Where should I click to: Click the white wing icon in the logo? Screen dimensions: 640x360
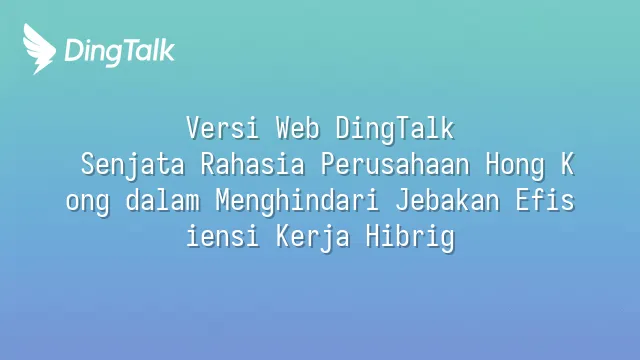click(39, 49)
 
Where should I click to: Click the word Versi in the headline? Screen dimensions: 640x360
click(223, 128)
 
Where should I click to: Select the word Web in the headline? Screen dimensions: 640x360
click(298, 128)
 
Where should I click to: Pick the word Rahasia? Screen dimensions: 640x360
click(253, 164)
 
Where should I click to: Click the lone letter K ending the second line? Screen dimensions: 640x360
click(567, 164)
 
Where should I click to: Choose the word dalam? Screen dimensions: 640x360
click(162, 200)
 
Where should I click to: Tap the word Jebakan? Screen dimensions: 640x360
click(447, 200)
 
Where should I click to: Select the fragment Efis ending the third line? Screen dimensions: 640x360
click(545, 200)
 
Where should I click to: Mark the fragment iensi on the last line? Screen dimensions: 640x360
click(223, 236)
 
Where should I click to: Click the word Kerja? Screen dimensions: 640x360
click(313, 238)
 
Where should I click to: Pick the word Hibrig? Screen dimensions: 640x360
click(410, 238)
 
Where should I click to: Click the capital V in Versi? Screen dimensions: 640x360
click(193, 128)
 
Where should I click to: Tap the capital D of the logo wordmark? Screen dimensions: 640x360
click(74, 51)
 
